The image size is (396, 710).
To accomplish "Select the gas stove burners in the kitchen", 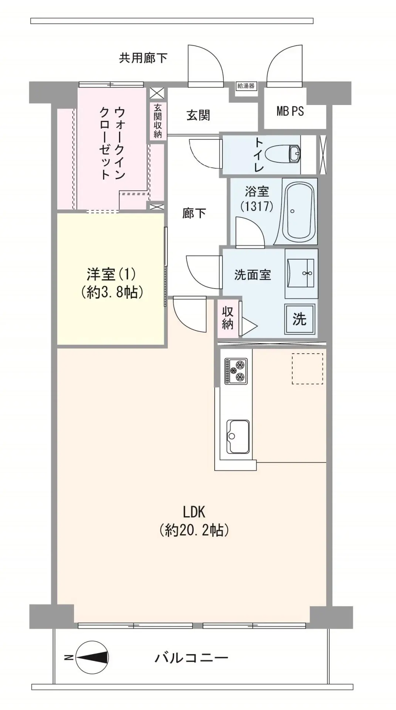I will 236,371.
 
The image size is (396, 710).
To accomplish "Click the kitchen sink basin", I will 238,436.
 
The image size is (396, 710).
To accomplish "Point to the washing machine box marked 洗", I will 299,319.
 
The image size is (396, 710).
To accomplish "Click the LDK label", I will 194,512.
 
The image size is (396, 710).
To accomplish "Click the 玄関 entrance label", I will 198,115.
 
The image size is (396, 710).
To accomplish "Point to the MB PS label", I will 290,111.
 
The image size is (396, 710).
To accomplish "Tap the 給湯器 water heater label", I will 246,86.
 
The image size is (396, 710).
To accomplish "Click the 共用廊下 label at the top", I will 143,58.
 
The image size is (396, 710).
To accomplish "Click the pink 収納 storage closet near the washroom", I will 228,318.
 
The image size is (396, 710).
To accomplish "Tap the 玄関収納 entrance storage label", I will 158,121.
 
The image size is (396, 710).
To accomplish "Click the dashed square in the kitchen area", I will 307,368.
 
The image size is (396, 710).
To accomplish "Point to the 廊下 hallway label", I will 194,213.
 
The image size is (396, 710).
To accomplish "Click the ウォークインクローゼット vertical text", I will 112,143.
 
